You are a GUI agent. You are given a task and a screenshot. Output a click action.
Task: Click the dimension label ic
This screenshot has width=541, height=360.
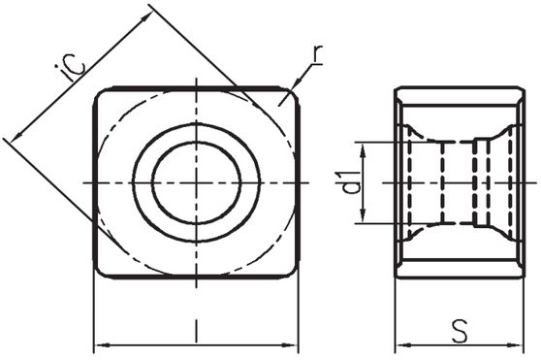[71, 68]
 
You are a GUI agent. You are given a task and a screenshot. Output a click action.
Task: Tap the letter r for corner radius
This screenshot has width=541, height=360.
[317, 55]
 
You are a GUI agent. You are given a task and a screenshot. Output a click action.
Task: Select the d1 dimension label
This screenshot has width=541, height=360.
[352, 182]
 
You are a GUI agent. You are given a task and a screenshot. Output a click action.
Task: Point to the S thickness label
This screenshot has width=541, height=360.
[461, 330]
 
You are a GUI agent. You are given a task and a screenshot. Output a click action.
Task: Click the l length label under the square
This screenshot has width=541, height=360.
[196, 330]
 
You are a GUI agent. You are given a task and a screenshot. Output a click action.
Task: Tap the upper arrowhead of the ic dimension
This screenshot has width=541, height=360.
[146, 16]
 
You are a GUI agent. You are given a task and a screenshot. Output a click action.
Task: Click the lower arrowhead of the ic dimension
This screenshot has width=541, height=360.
[16, 137]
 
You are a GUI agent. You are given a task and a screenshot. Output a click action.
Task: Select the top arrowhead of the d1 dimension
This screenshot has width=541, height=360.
[363, 149]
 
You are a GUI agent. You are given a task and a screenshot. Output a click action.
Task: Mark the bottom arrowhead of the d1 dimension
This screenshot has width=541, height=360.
[363, 215]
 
